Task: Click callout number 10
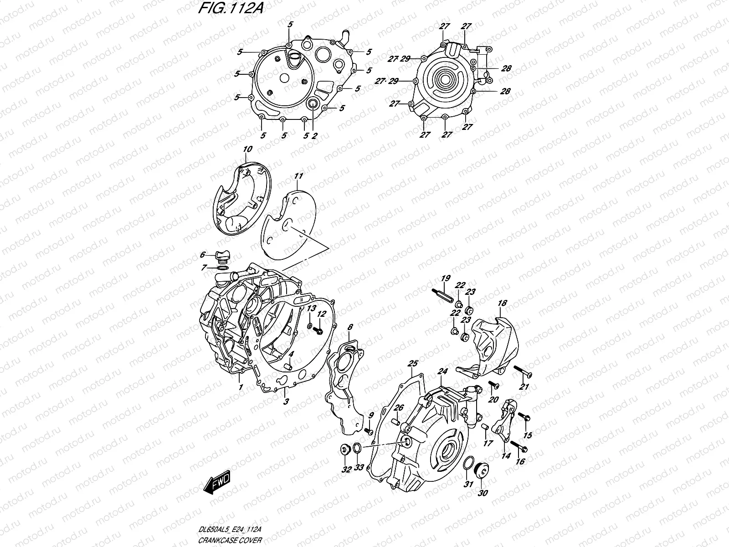tap(247, 149)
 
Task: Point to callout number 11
tap(298, 175)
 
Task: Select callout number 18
tap(502, 303)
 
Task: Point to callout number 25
tap(413, 363)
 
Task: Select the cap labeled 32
tap(345, 450)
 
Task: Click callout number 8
tap(350, 327)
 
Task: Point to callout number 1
tap(241, 387)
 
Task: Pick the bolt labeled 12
tap(319, 327)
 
